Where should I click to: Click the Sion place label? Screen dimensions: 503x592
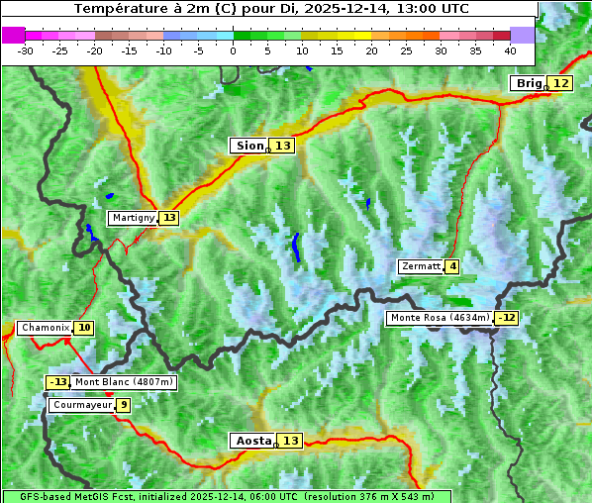(x=248, y=146)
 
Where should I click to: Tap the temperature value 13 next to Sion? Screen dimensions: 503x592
(x=283, y=146)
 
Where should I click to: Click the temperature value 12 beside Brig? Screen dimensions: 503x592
(x=561, y=83)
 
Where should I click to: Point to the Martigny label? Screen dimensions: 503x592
(x=132, y=218)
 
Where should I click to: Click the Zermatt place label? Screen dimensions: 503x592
(x=421, y=266)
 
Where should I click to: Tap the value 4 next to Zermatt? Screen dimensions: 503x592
(x=452, y=266)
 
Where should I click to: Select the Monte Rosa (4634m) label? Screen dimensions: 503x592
(x=440, y=318)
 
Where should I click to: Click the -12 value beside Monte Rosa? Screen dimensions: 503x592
(x=507, y=318)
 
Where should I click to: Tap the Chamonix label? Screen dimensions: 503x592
(x=45, y=328)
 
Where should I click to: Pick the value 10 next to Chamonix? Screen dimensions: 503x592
(x=84, y=328)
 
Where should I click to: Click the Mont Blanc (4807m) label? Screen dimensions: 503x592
(x=124, y=382)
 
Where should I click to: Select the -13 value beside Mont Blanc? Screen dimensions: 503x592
(x=58, y=382)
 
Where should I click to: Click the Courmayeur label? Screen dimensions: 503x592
(x=81, y=405)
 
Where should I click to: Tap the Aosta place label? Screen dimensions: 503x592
(x=251, y=441)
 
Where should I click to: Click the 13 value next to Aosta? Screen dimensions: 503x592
(x=290, y=441)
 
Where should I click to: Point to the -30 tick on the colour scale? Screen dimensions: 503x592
(x=26, y=50)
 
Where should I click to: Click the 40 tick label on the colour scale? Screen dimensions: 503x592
(x=510, y=50)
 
